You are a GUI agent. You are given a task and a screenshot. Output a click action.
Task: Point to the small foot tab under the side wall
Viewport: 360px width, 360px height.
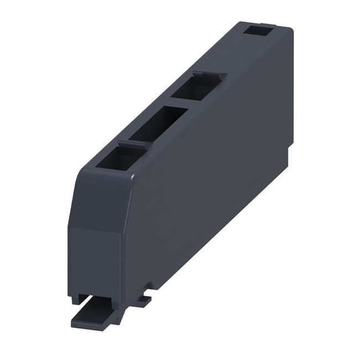click(x=143, y=301)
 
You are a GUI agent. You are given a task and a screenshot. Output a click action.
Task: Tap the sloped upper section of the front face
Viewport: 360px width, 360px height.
click(x=94, y=195)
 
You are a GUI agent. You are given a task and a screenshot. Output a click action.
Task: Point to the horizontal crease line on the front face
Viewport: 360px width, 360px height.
click(x=94, y=228)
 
